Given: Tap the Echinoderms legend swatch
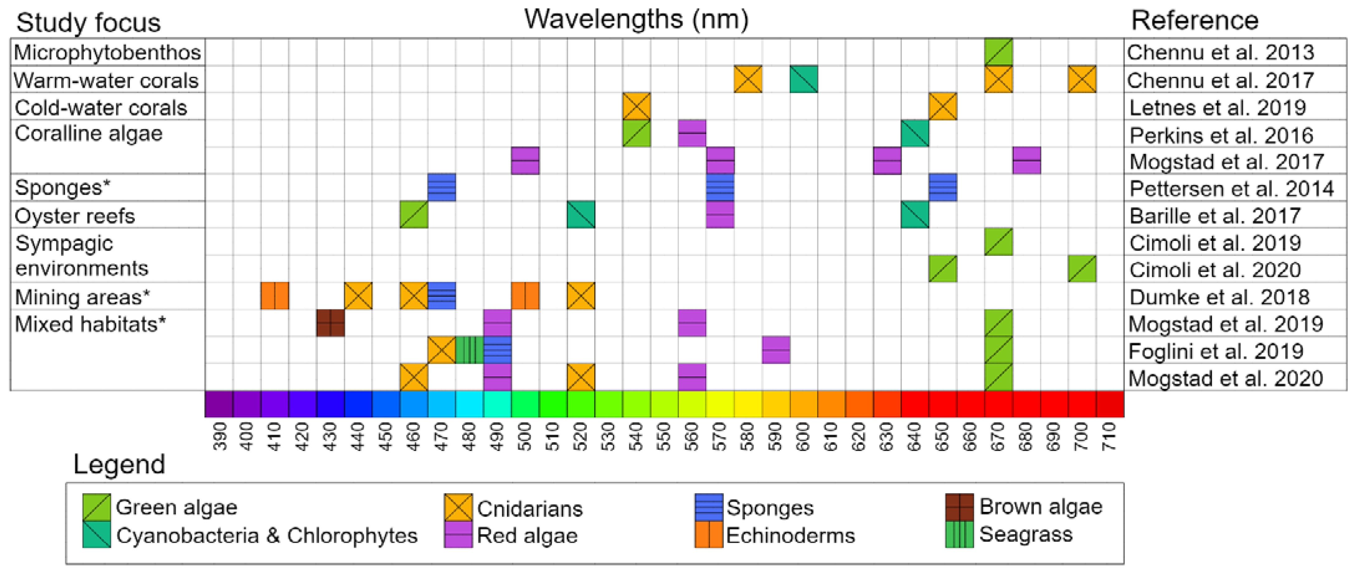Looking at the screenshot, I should [708, 535].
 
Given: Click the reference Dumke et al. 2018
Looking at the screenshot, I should [1219, 297].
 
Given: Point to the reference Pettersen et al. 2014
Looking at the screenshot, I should [1231, 189].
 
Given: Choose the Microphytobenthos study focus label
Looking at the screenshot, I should [107, 52].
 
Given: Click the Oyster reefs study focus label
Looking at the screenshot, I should [75, 216].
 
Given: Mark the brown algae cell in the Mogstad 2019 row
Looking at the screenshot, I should [331, 323].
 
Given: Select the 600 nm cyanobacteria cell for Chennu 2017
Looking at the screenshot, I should [803, 79].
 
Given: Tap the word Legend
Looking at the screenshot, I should [119, 464].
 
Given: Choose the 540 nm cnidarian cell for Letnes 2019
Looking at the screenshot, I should [636, 106].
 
